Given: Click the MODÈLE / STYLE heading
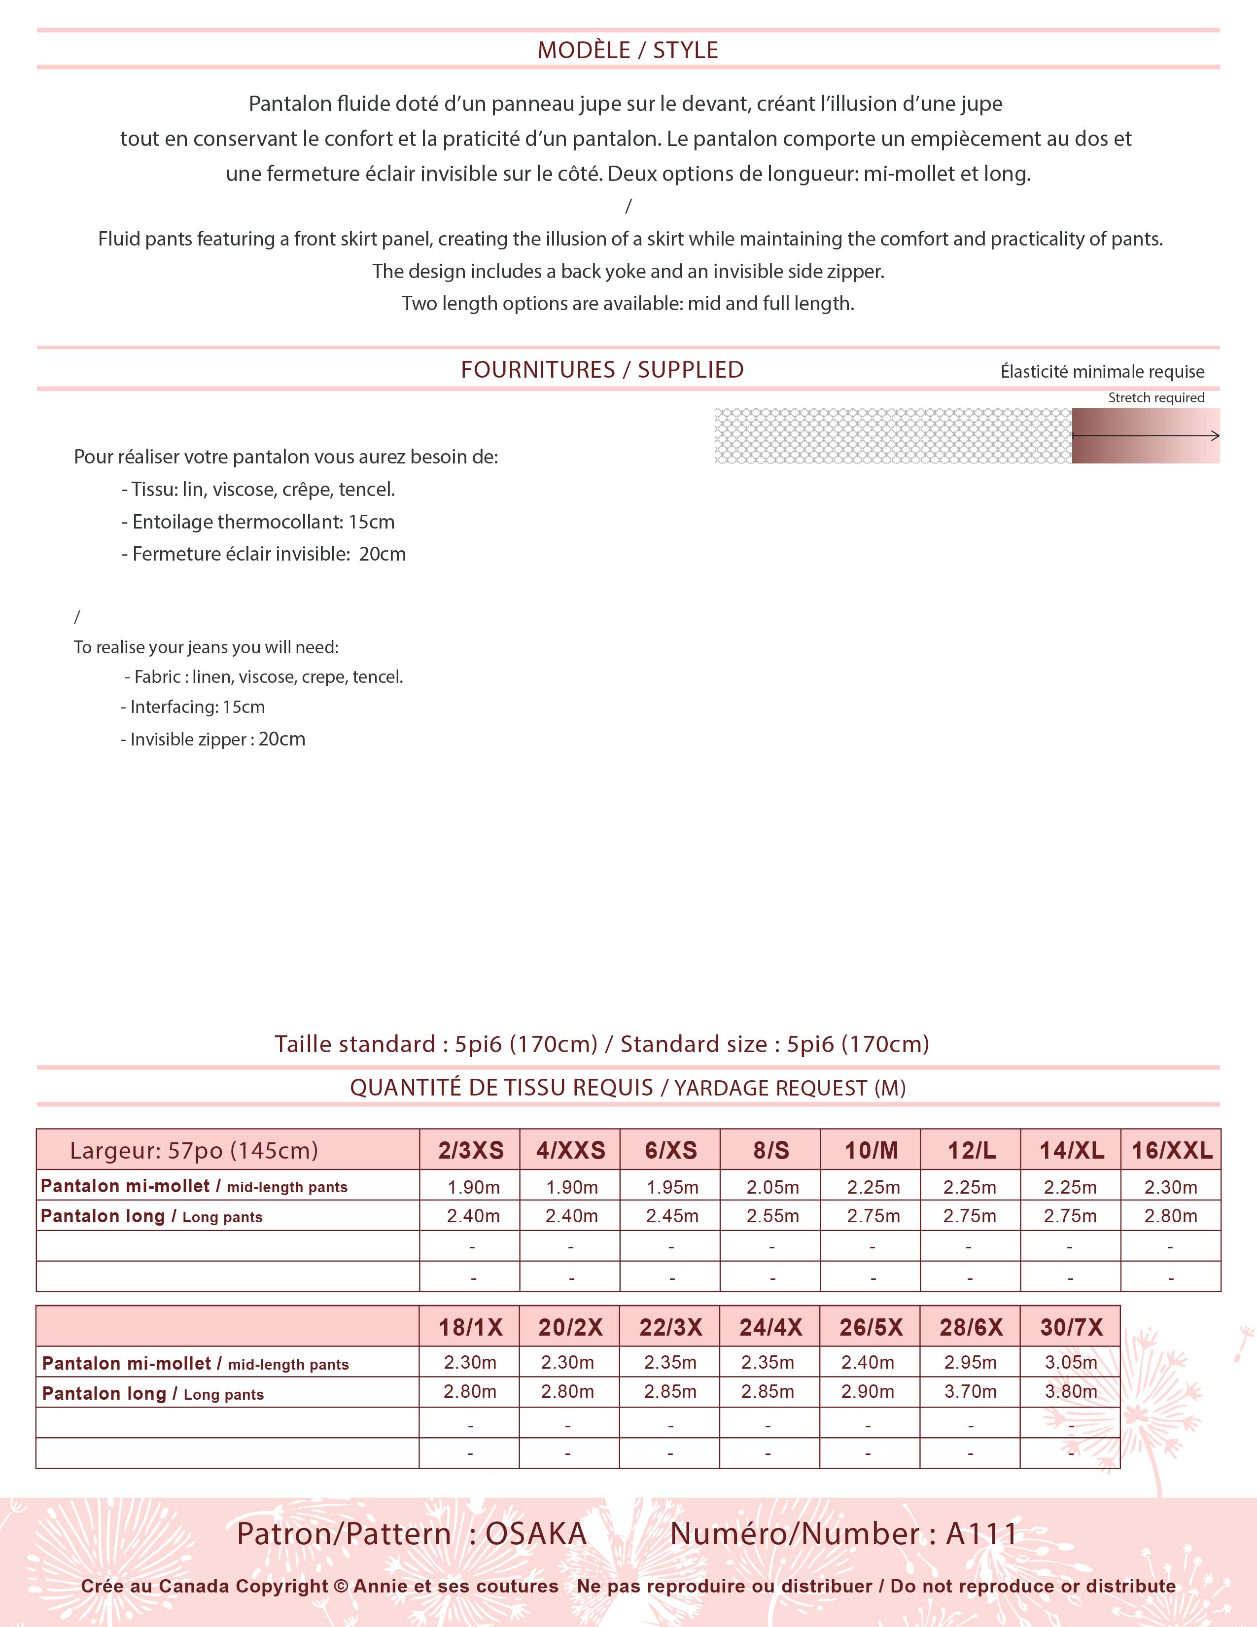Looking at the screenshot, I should [628, 50].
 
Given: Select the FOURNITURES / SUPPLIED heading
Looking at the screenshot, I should [602, 369].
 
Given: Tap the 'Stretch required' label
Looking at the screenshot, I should [1156, 398].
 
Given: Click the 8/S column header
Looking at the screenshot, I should [771, 1150].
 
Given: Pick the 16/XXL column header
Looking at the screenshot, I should [1171, 1150].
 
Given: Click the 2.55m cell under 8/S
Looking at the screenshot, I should [772, 1216].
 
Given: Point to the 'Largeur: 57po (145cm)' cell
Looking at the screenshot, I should [194, 1150].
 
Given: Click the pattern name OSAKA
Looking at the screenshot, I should [536, 1534].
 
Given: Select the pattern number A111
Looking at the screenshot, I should [981, 1534].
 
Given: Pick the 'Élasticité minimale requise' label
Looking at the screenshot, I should [1102, 372].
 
